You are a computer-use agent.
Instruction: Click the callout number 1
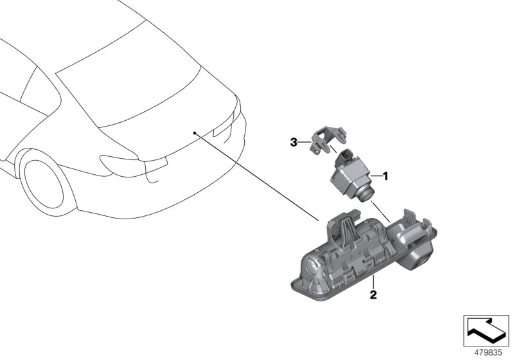pyautogui.click(x=386, y=175)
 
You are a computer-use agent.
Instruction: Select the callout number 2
pyautogui.click(x=372, y=296)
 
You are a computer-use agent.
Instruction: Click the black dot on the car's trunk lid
pyautogui.click(x=194, y=132)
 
